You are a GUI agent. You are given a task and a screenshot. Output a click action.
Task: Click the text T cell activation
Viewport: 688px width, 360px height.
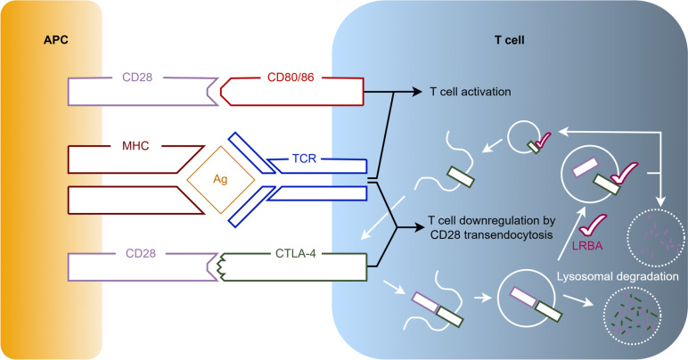pyautogui.click(x=475, y=92)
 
